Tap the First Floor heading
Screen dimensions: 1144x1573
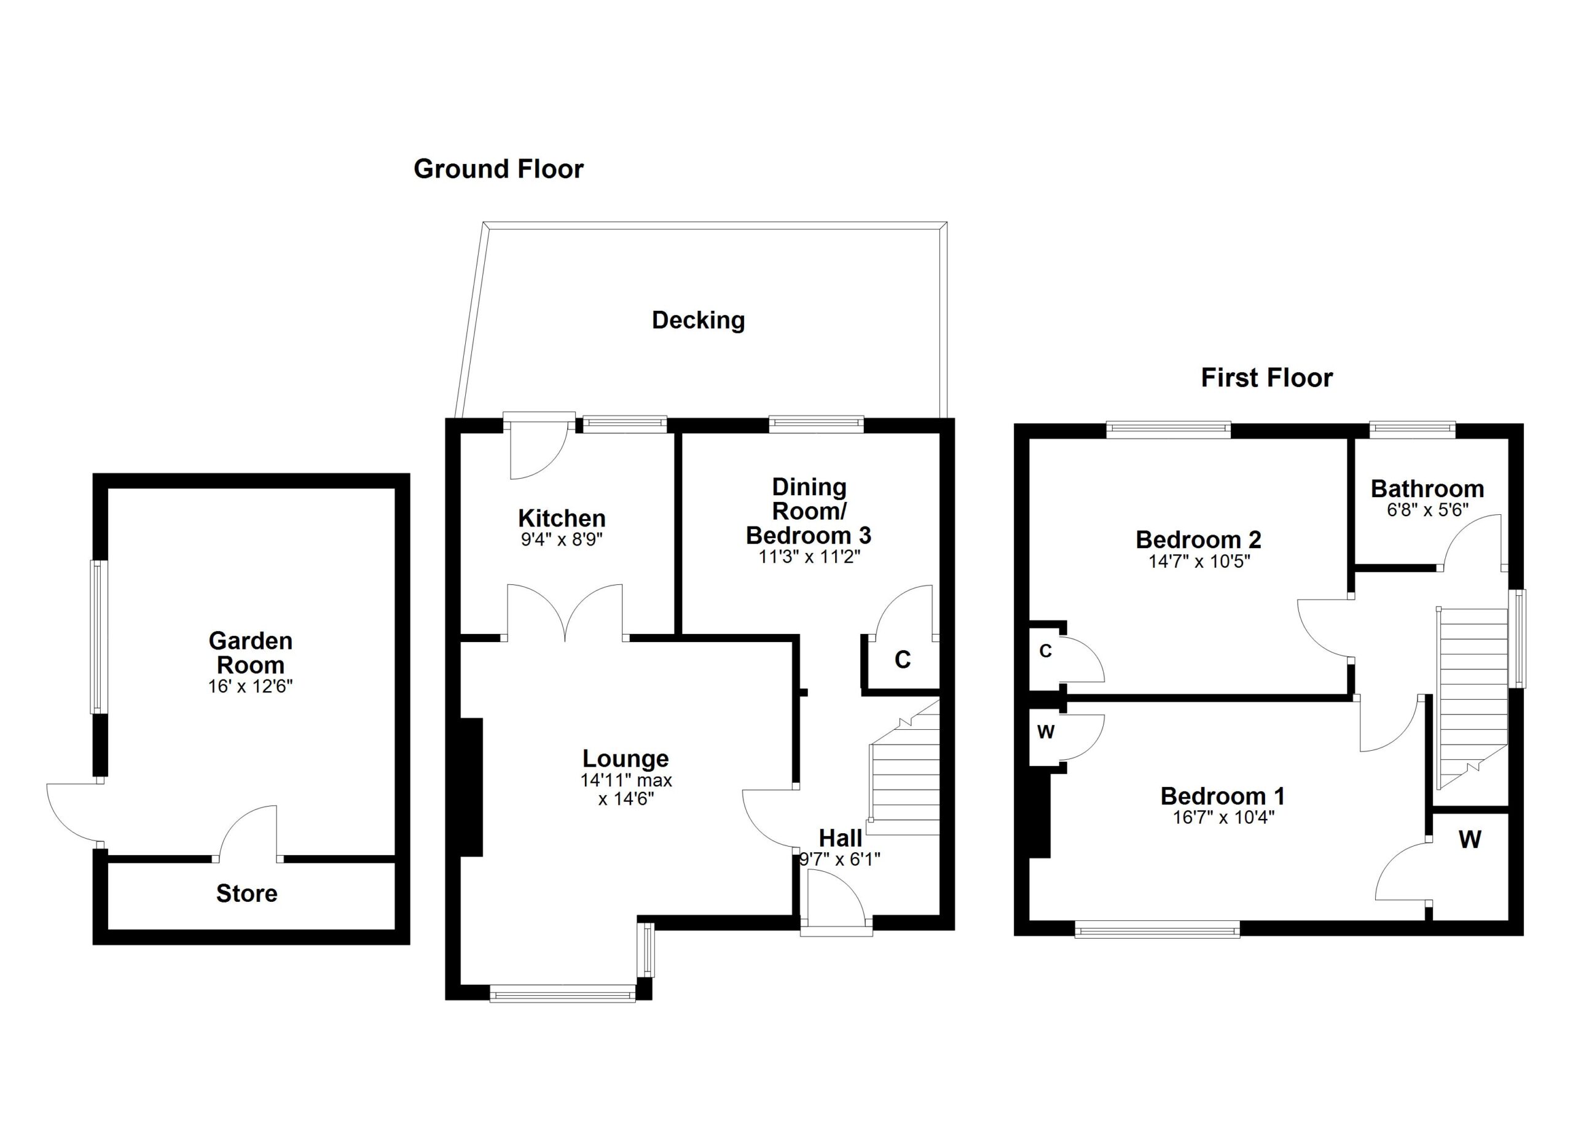point(1266,378)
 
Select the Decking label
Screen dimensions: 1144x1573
point(698,319)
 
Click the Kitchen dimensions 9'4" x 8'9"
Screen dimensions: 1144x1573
point(562,539)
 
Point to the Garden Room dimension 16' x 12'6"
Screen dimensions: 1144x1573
point(250,686)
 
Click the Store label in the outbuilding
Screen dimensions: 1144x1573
point(246,894)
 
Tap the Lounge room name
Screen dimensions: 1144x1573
point(625,759)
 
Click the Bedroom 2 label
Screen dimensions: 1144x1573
point(1198,539)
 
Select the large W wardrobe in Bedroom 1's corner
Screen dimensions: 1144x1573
point(1470,840)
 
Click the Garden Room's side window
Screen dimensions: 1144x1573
point(99,637)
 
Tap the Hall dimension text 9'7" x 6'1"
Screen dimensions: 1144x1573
point(839,860)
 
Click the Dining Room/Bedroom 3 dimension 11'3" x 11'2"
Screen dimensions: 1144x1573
point(809,557)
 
